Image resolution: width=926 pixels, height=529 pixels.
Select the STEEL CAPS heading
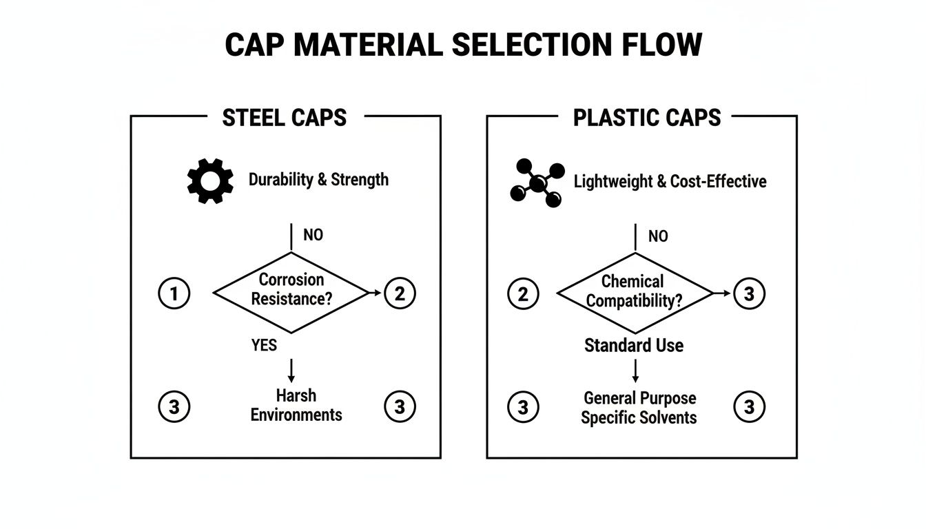[x=285, y=118]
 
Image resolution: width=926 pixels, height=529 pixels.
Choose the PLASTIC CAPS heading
[x=647, y=118]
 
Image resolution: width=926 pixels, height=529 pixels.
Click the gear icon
[x=210, y=180]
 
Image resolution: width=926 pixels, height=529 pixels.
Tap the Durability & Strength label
[x=318, y=180]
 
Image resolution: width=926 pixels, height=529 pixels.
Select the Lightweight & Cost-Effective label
[x=670, y=181]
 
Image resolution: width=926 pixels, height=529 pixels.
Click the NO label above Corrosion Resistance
[x=313, y=235]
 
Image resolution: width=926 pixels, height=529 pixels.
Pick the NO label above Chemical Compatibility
[x=658, y=236]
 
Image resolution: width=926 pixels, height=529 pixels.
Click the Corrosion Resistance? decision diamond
[x=291, y=290]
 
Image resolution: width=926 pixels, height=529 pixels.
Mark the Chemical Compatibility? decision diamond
[x=633, y=291]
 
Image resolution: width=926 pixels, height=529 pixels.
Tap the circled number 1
[x=174, y=294]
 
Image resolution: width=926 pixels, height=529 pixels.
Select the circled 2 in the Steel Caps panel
[x=400, y=294]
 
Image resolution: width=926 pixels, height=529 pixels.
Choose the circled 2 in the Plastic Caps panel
[x=523, y=294]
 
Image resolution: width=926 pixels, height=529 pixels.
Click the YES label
[x=264, y=344]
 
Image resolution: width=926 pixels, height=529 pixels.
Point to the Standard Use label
[x=634, y=345]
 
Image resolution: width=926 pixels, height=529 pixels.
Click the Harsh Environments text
[x=296, y=405]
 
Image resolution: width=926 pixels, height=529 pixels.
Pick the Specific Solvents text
[x=639, y=417]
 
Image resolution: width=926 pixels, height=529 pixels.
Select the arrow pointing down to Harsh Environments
[x=291, y=371]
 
